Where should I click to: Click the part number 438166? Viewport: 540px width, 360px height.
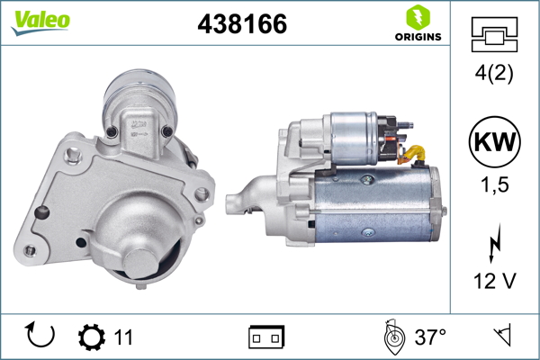point(241,25)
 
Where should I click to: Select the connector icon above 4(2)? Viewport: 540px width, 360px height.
point(495,35)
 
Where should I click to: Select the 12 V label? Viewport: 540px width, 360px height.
point(495,282)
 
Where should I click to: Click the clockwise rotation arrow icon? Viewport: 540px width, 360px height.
point(41,337)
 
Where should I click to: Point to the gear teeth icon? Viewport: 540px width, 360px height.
point(91,337)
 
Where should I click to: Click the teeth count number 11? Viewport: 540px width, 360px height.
point(123,337)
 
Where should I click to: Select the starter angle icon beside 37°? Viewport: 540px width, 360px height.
point(391,337)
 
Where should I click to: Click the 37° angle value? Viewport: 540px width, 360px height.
point(431,337)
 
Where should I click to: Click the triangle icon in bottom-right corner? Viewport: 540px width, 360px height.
point(500,337)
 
